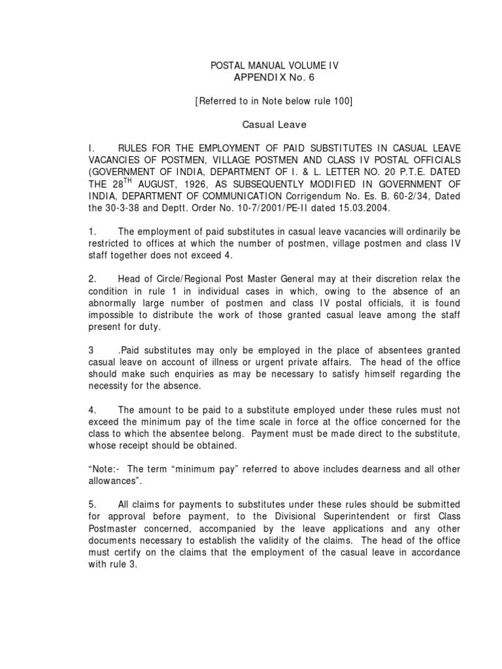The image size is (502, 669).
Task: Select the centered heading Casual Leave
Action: (265, 123)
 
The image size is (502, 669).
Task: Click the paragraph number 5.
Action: (93, 504)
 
